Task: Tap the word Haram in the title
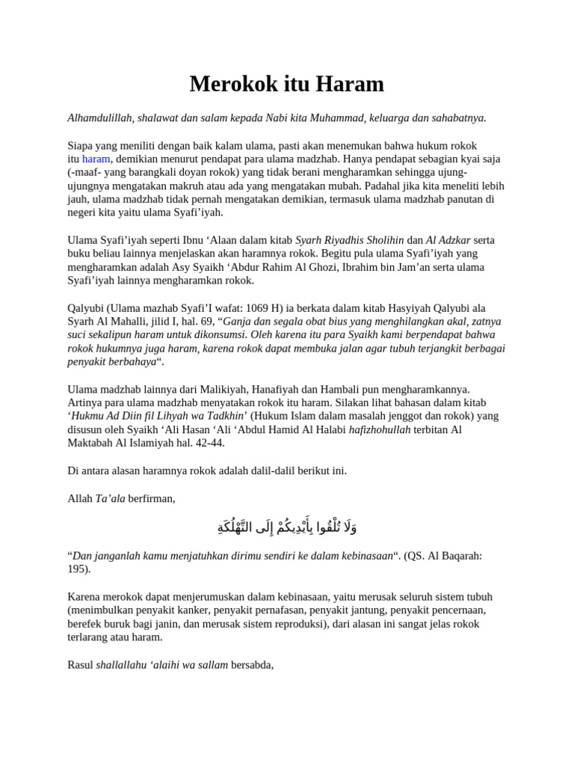[350, 84]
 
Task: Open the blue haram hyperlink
[96, 159]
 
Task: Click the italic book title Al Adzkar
[448, 240]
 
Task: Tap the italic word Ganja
[239, 321]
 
